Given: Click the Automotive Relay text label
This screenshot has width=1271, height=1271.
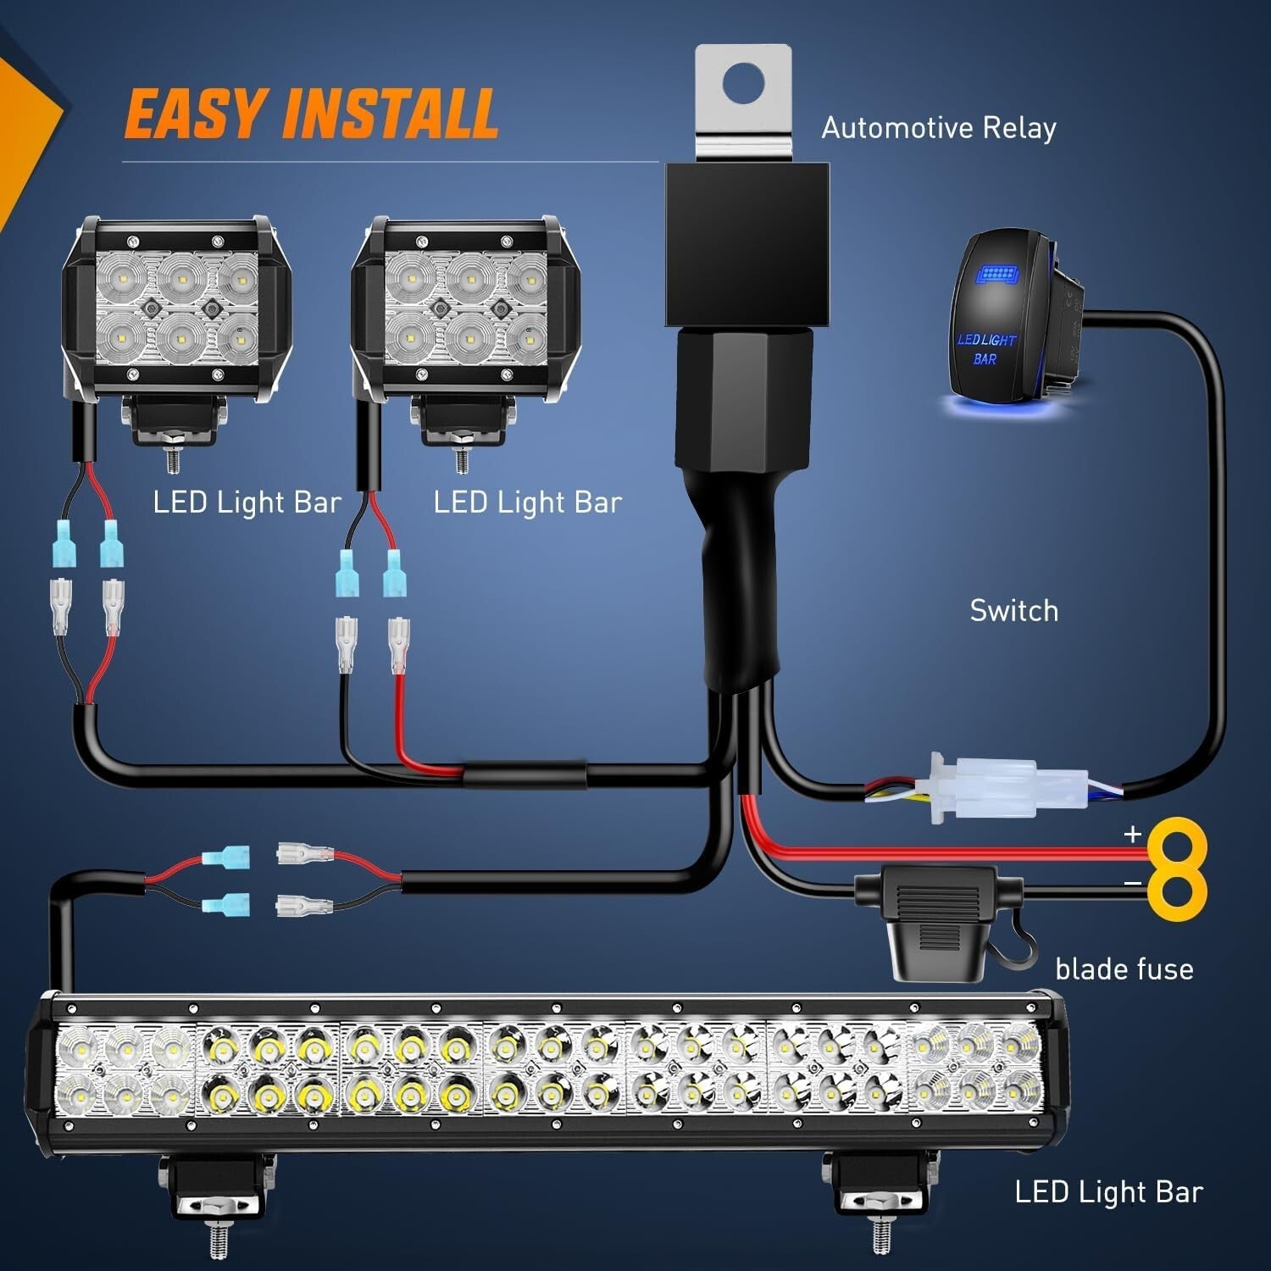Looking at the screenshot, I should [938, 128].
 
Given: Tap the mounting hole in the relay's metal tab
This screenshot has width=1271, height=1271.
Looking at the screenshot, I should [743, 82].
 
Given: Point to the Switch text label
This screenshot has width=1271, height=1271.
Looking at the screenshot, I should [1013, 611].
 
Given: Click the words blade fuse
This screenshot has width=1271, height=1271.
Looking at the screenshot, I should [1124, 969].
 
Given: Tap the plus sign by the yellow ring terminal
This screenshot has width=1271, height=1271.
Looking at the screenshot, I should [1132, 835].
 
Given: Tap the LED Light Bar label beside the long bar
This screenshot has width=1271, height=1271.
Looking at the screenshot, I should [1108, 1192].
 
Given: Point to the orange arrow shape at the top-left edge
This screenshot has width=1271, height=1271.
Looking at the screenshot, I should [25, 127].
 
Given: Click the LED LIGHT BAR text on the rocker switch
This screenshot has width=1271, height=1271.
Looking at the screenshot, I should [986, 348].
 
